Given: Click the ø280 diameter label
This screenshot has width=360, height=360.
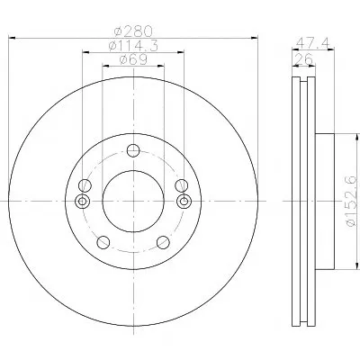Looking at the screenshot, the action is tap(134, 31).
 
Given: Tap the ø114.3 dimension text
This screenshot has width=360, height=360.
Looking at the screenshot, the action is tap(133, 46).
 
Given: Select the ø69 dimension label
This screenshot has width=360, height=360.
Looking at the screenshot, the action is tap(133, 59).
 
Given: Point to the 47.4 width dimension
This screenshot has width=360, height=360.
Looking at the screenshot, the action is tap(312, 43).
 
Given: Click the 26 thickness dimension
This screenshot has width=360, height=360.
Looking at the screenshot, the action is tap(303, 59).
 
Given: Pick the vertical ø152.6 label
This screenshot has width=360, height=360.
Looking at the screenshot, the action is tap(351, 201).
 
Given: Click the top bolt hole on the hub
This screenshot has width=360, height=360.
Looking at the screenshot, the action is tap(133, 150).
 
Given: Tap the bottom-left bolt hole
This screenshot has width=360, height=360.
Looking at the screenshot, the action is tap(103, 242).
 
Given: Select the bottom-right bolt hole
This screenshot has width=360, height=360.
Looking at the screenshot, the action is tap(163, 242).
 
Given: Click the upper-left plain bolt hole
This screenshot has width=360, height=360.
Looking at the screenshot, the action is tap(85, 185).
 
